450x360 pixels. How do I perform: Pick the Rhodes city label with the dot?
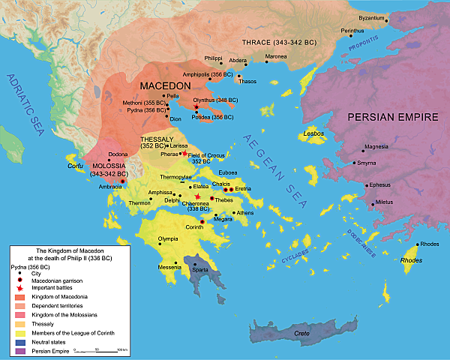[430, 244]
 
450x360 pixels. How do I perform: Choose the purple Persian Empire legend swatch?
[18, 349]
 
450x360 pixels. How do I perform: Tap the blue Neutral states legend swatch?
[18, 340]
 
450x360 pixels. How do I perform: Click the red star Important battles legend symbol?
[18, 288]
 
